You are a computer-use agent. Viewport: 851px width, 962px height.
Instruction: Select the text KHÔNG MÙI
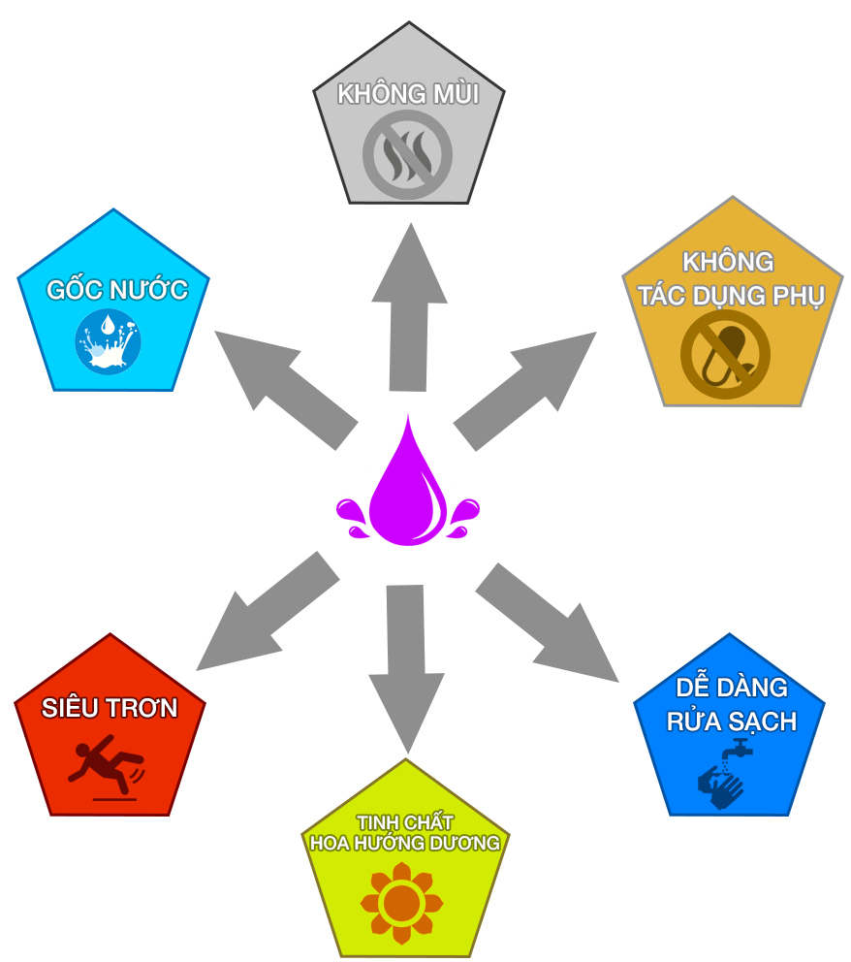(x=407, y=94)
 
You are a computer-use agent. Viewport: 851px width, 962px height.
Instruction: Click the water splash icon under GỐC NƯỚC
(x=109, y=340)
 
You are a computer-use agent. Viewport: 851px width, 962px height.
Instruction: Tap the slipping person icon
(x=105, y=764)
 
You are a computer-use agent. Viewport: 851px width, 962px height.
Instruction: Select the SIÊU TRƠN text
(x=110, y=708)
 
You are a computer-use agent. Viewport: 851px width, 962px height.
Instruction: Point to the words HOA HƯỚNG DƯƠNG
(x=405, y=843)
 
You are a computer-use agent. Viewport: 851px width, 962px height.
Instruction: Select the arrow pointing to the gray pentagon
(x=408, y=310)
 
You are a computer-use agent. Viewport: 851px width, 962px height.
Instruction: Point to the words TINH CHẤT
(x=405, y=822)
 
